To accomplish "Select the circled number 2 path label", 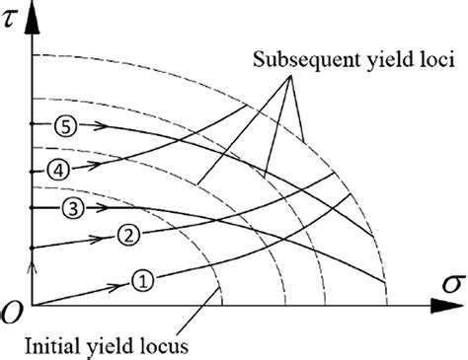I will pos(128,235).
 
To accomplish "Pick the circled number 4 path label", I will pos(61,169).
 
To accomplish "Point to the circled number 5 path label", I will pos(65,125).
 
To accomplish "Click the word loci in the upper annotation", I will pos(434,62).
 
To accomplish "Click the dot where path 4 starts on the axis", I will pos(32,169).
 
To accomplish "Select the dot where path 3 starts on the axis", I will pos(32,207).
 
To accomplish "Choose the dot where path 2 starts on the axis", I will pos(32,246).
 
